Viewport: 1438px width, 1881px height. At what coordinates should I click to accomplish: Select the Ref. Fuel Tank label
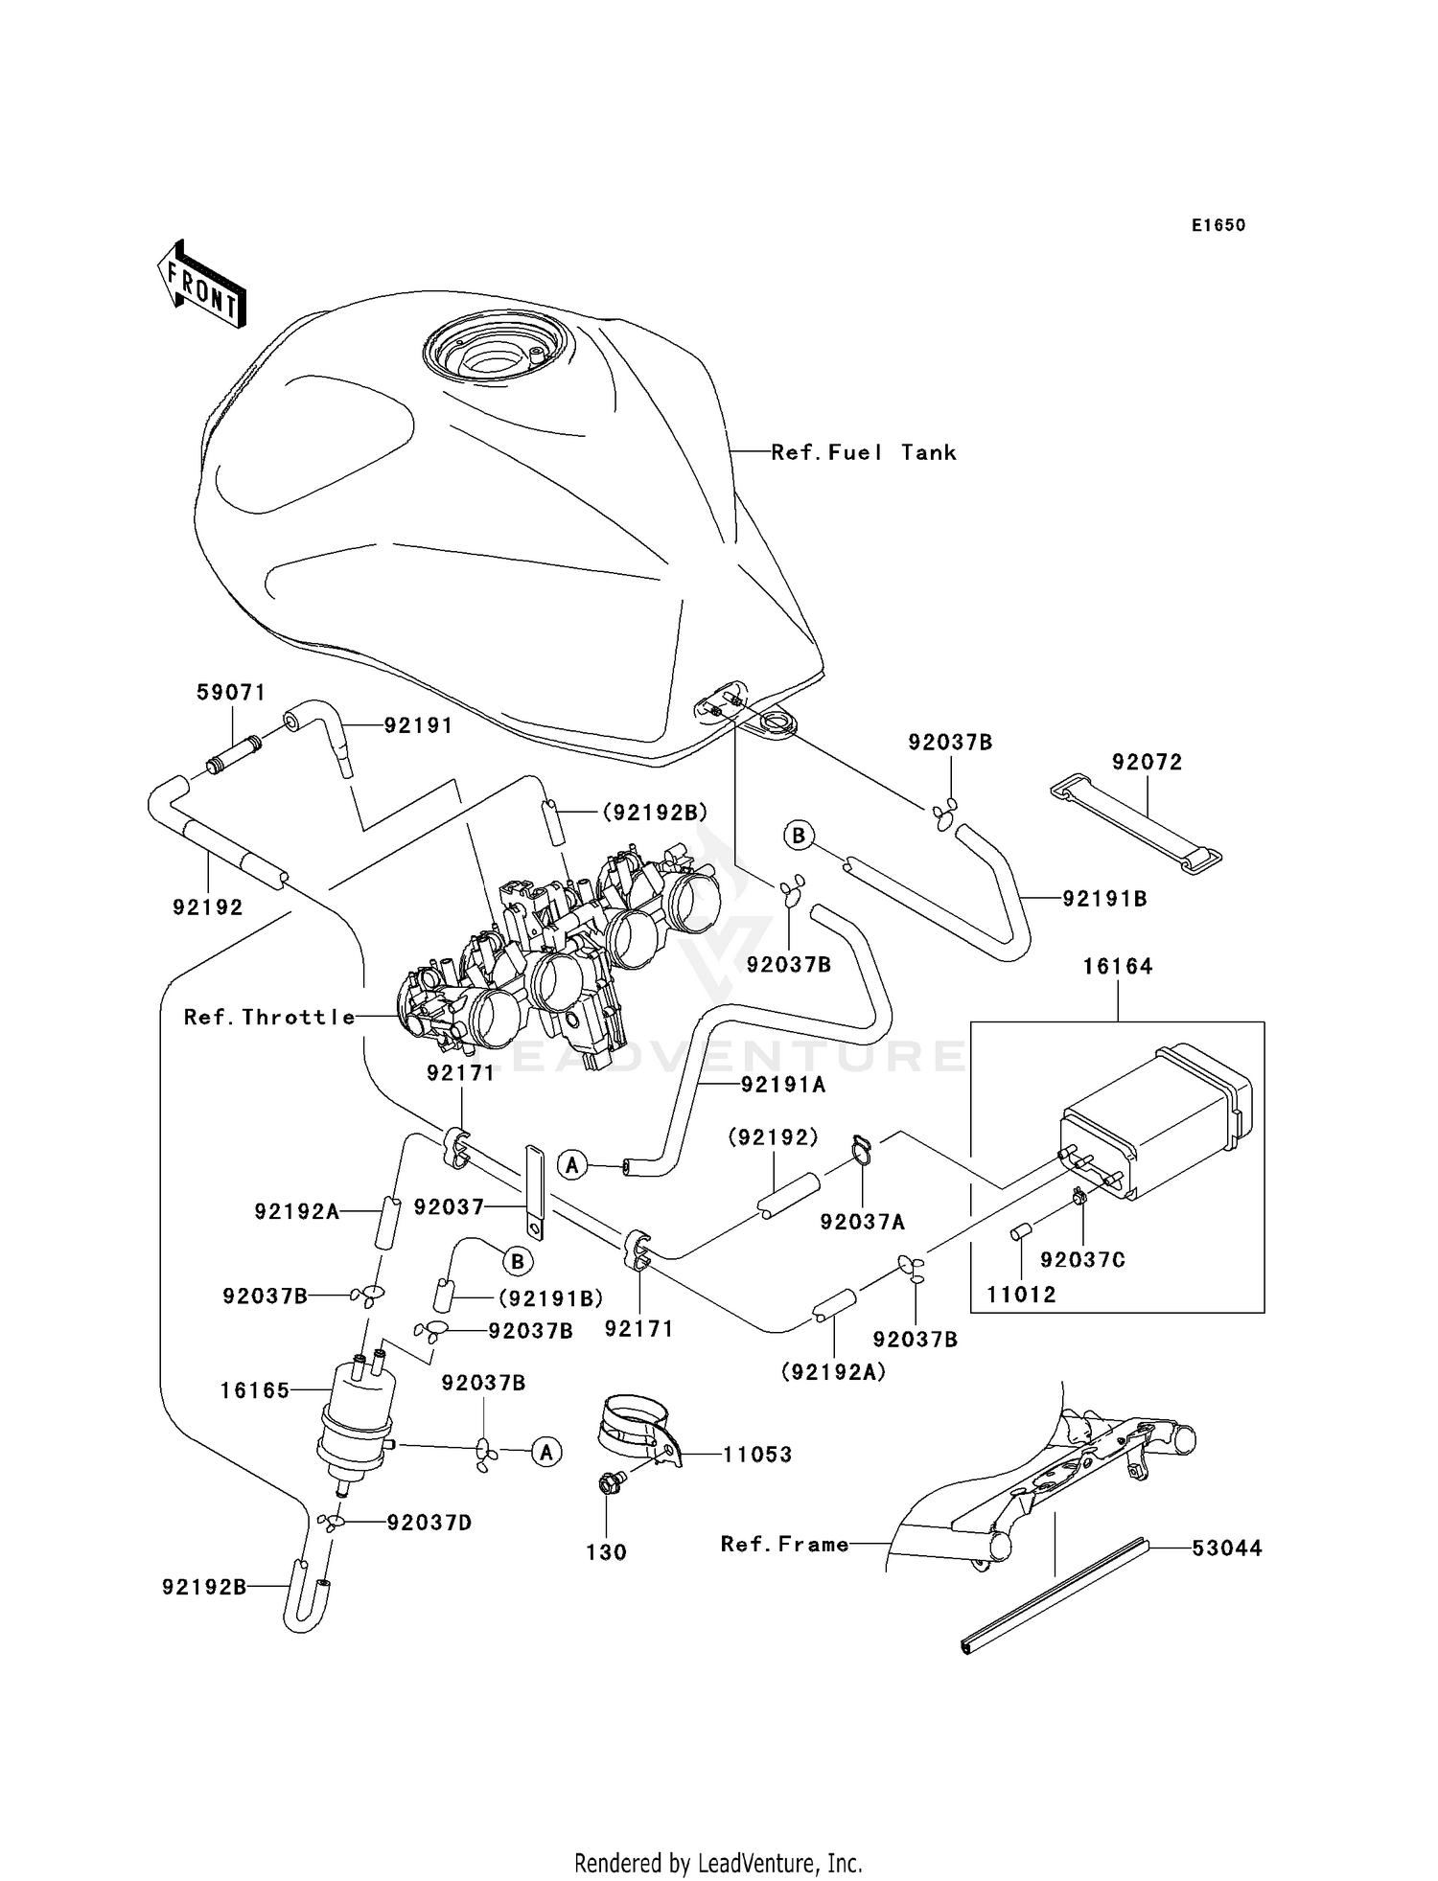click(863, 452)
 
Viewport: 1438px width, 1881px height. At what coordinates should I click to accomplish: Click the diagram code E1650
click(1218, 225)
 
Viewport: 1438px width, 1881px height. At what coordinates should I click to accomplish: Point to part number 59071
click(231, 692)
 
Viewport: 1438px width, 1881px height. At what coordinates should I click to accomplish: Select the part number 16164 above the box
click(1118, 966)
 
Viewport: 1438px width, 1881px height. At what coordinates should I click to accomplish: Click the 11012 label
click(1021, 1295)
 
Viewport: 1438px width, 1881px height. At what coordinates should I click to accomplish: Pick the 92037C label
click(1082, 1260)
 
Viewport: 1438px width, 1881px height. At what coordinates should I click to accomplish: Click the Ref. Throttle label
click(269, 1018)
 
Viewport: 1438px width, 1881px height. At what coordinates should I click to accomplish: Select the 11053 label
click(757, 1455)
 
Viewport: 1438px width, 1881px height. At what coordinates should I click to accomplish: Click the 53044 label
click(1227, 1548)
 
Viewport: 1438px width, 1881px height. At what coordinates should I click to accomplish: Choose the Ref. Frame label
click(784, 1544)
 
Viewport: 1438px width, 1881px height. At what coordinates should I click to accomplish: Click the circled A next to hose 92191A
click(572, 1165)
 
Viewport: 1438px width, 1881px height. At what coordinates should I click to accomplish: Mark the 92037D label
click(429, 1523)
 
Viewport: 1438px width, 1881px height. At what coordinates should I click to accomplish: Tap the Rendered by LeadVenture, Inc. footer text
click(718, 1863)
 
